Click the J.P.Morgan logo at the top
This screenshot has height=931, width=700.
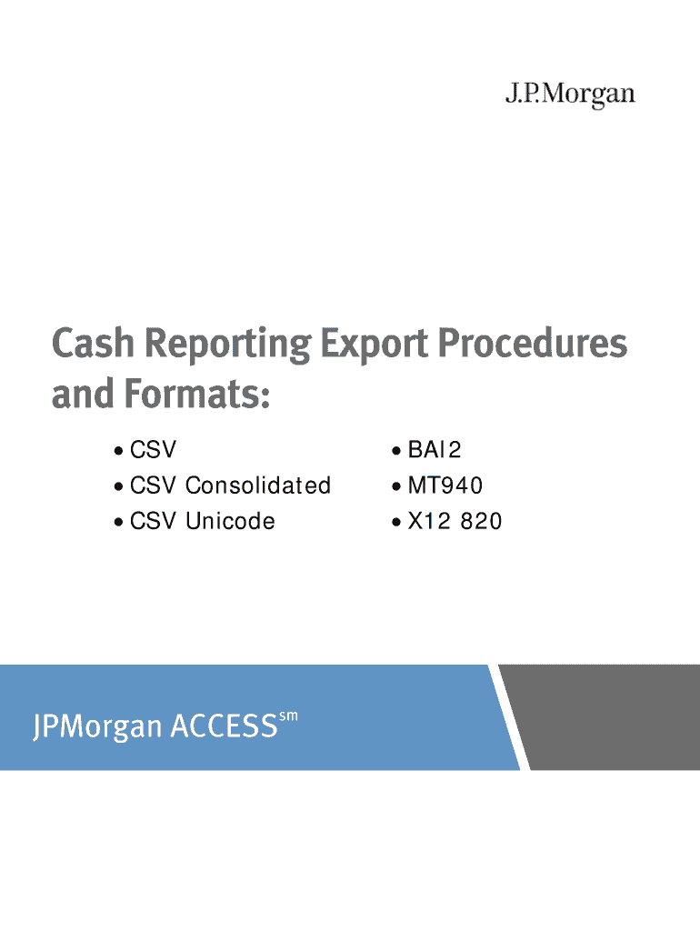point(570,95)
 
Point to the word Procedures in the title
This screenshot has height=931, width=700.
point(533,343)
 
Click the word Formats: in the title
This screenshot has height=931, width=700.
point(197,395)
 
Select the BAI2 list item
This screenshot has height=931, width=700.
point(434,450)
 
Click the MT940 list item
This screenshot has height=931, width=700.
point(445,486)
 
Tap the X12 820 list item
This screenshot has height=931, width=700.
point(455,521)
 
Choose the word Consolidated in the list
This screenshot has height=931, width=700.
point(258,486)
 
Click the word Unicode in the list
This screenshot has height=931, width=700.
point(230,521)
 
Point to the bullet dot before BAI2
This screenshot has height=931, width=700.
point(396,452)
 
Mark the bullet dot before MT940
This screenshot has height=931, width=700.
point(396,487)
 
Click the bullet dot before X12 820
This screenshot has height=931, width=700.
point(396,523)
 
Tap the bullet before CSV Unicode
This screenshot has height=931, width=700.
point(119,523)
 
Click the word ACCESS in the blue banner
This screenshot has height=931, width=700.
point(225,726)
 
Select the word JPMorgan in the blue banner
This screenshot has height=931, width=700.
point(97,727)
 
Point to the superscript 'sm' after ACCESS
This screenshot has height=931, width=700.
point(288,716)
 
